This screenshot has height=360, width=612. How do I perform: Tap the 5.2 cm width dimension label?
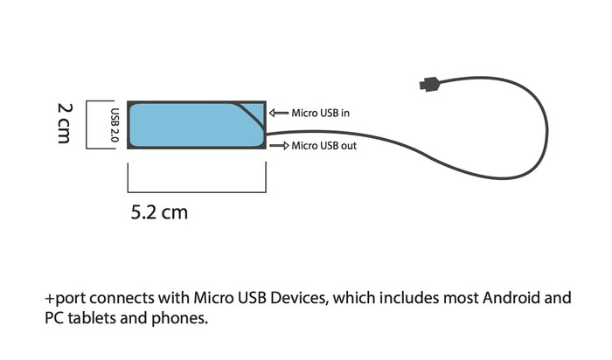[x=158, y=211]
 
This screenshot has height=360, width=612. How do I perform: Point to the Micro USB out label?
[x=323, y=146]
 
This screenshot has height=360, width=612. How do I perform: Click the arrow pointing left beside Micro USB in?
[x=279, y=113]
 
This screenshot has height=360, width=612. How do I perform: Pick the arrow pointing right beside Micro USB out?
[x=279, y=146]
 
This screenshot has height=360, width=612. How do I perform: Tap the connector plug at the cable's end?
[x=428, y=85]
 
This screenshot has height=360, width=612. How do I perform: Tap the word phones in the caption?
[x=183, y=318]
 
